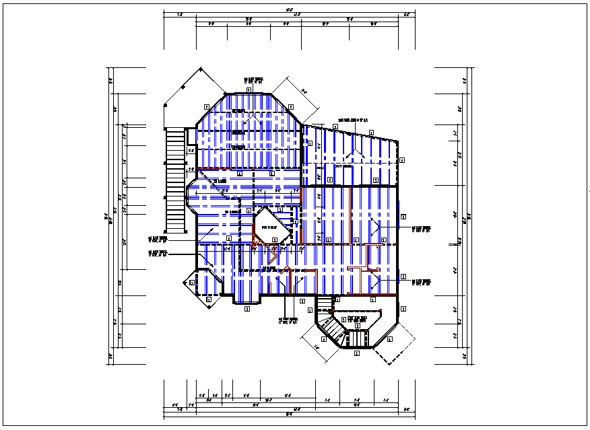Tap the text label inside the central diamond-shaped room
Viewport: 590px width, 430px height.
click(x=269, y=228)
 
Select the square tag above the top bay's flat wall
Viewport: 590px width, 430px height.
click(x=249, y=89)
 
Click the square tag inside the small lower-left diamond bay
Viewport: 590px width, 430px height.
click(x=192, y=283)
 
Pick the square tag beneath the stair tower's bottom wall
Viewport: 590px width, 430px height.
click(x=357, y=353)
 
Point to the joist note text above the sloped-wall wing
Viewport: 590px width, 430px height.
click(x=353, y=120)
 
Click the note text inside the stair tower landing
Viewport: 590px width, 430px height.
click(x=358, y=319)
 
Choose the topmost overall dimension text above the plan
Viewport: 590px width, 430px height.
click(x=290, y=9)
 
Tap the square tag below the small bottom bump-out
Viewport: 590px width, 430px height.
click(x=247, y=310)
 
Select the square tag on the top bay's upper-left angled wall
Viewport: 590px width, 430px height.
click(x=207, y=106)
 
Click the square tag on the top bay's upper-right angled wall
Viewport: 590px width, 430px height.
click(x=291, y=106)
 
